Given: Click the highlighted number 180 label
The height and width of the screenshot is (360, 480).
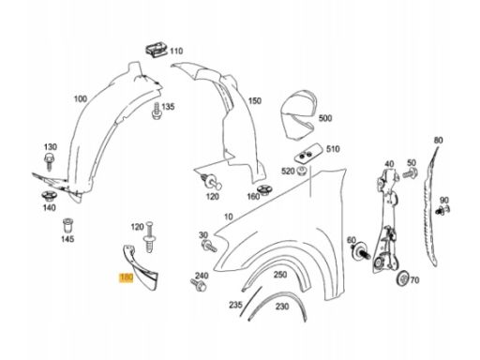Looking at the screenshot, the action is coord(127,277).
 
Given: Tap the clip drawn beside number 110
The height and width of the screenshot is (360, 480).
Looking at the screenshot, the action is coord(157,51).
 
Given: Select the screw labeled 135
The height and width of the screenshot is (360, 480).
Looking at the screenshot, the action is coord(157,112).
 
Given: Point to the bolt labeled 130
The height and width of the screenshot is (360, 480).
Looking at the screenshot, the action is coord(49,160).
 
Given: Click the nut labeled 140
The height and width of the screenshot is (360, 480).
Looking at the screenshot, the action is coord(49,196).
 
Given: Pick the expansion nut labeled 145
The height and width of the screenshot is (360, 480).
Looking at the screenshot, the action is coord(67,225).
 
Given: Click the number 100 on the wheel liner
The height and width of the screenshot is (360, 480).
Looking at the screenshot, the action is coord(81,99).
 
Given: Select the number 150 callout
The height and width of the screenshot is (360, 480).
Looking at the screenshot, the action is coord(255,101).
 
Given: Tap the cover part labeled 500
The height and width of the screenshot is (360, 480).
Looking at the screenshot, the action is coord(297,115).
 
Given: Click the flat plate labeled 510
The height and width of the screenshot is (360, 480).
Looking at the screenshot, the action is coord(308,154).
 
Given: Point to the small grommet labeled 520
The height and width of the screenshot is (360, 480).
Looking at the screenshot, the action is coord(302,172).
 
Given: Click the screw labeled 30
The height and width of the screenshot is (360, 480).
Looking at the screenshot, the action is coord(209,247).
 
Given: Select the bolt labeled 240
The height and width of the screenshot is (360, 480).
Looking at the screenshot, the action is coord(198,285).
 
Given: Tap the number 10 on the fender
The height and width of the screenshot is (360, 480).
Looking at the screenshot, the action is coord(229,217).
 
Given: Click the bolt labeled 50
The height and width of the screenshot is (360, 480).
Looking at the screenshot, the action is coord(410,173).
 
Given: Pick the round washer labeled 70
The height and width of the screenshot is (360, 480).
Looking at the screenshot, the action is coord(403,278).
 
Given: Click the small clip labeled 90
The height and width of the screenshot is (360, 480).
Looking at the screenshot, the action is coord(442,210).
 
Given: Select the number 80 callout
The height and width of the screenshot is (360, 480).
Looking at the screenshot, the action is coord(439,141).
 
